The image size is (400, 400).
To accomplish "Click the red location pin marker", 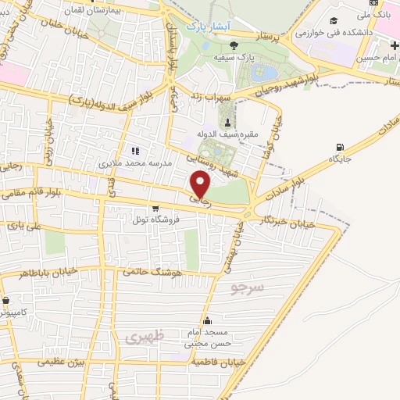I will coord(201,184).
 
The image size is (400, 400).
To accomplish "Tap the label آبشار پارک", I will coord(206,26).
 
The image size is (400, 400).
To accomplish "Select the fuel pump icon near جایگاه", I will coord(339,147).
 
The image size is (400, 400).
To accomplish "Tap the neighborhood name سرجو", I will coord(248,288).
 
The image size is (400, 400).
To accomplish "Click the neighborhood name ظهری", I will coord(141,337).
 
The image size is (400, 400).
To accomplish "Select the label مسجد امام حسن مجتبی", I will coord(207,337).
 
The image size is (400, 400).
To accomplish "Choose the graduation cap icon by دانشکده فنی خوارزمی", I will coord(335,20).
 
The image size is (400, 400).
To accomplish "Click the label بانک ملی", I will coord(383,14).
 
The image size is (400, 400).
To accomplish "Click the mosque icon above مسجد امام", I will coord(207,320).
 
